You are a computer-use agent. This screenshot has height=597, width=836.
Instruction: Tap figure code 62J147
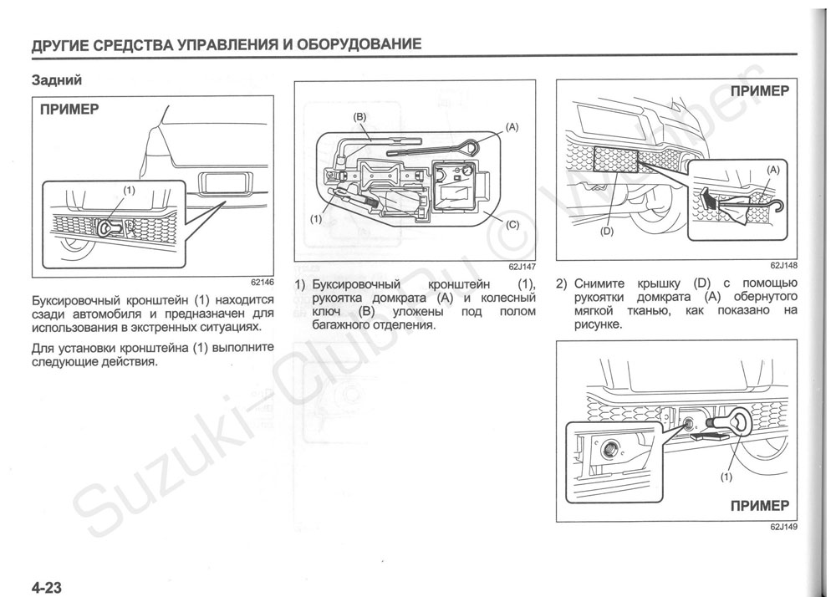coord(519,267)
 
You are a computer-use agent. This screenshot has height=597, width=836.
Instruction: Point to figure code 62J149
coord(782,528)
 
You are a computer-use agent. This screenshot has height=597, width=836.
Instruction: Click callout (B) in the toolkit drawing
coord(360,117)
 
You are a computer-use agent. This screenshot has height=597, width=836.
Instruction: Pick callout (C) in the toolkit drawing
coord(512,224)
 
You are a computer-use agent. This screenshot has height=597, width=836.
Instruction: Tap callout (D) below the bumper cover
coord(607,232)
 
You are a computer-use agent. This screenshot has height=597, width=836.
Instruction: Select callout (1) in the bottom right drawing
coord(725,478)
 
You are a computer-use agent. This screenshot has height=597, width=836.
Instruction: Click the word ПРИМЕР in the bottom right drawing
coord(759,505)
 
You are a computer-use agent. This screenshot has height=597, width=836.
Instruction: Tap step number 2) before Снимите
coord(562,283)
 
